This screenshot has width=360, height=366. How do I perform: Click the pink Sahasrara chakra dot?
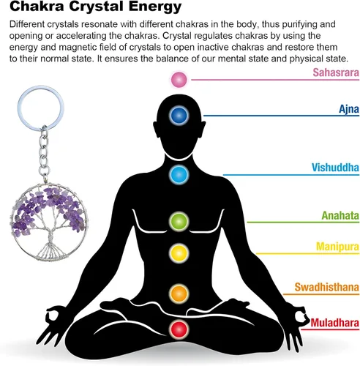179,80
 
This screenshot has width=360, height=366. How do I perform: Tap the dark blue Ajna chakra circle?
179,115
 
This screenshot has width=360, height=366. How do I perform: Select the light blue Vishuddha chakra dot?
179,175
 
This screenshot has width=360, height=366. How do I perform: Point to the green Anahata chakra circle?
179,221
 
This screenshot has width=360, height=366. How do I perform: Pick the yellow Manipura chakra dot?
179,253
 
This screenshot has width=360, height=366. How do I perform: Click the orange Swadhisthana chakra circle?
179,294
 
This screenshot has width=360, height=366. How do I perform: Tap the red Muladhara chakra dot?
179,329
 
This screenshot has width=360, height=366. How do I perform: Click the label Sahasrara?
336,72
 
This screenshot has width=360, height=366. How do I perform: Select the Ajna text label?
349,109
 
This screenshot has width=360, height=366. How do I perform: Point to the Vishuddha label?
335,168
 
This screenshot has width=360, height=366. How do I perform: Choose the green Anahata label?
340,215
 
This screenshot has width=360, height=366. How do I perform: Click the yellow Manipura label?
337,247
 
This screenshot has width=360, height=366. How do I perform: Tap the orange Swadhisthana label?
327,287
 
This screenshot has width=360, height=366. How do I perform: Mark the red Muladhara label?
335,323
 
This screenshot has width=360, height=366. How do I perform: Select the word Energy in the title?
155,7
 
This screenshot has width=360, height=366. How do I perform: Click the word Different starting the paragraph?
27,24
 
